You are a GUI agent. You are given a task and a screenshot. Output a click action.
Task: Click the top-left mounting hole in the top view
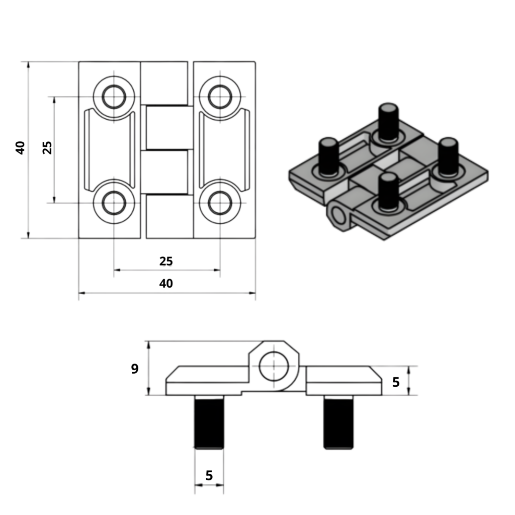[114, 97]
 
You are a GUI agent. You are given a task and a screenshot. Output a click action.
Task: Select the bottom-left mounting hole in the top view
[114, 203]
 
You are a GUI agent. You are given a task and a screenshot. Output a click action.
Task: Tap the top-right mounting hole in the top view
[220, 97]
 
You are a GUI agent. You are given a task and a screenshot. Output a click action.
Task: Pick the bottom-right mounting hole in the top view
[220, 203]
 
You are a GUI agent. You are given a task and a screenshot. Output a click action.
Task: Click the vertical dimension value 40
[20, 147]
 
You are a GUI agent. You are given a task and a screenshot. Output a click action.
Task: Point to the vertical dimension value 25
[47, 147]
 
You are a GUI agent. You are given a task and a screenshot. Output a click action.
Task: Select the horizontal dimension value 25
[166, 261]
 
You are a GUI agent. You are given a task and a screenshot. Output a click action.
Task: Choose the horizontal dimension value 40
[166, 283]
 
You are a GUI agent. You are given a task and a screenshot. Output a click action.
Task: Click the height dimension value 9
[134, 369]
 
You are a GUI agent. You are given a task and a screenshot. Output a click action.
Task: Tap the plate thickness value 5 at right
[396, 382]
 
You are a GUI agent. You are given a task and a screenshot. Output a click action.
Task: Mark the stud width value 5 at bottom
[209, 475]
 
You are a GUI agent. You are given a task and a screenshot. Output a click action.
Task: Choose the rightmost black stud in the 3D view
[448, 156]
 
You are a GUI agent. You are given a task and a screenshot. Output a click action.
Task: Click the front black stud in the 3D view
[388, 191]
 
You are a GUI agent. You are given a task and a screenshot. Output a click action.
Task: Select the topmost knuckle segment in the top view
[164, 83]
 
